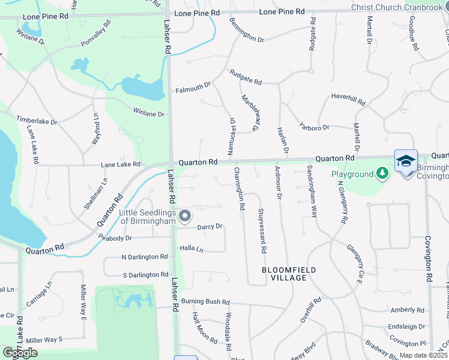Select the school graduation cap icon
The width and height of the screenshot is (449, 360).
click(406, 161)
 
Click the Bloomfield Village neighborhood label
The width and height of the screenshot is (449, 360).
click(289, 274)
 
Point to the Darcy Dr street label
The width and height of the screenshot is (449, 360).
click(210, 226)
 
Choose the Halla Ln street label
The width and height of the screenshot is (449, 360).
click(191, 248)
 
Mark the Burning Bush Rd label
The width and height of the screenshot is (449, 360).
click(206, 301)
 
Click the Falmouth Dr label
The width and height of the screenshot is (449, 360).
click(193, 89)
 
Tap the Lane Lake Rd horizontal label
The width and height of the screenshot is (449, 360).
click(121, 164)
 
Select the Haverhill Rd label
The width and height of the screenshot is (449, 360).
click(348, 100)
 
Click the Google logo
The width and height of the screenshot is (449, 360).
click(20, 353)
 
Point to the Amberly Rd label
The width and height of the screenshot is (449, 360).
click(407, 310)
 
